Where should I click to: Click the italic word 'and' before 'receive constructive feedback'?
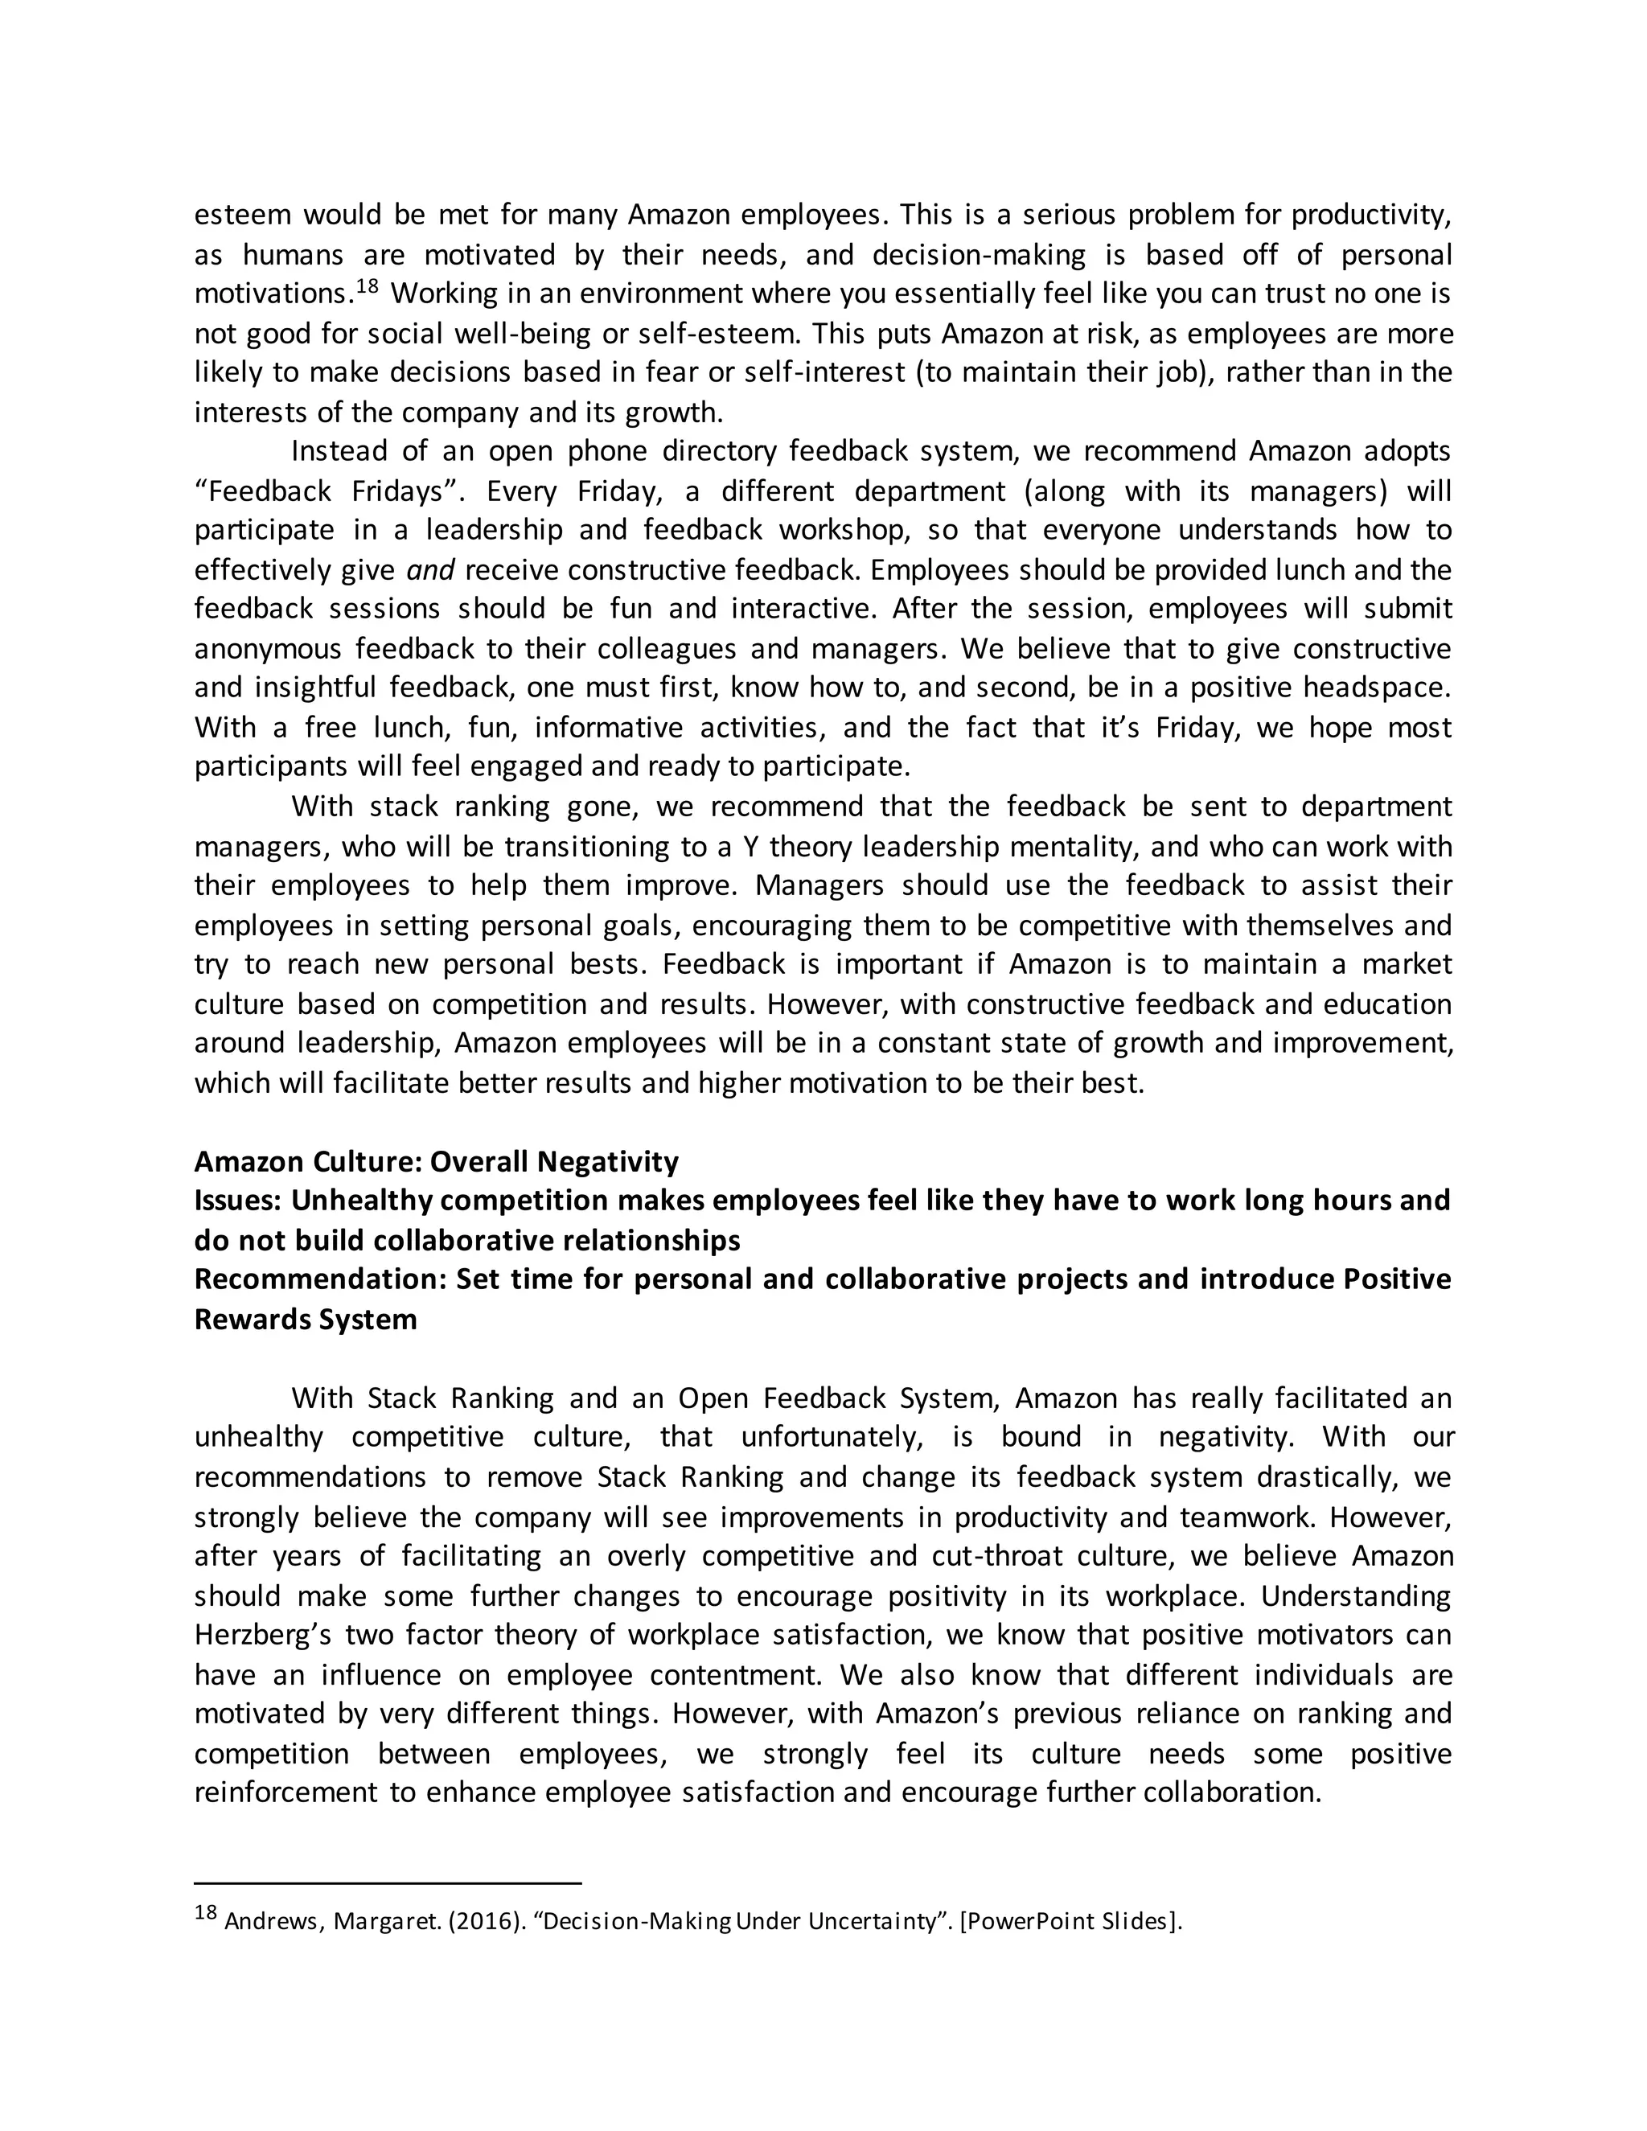pos(430,570)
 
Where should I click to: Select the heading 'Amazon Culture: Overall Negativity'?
pos(436,1161)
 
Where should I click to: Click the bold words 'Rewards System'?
pos(306,1319)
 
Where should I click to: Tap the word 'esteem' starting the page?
pos(241,215)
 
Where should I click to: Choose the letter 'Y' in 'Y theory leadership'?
pos(750,846)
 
